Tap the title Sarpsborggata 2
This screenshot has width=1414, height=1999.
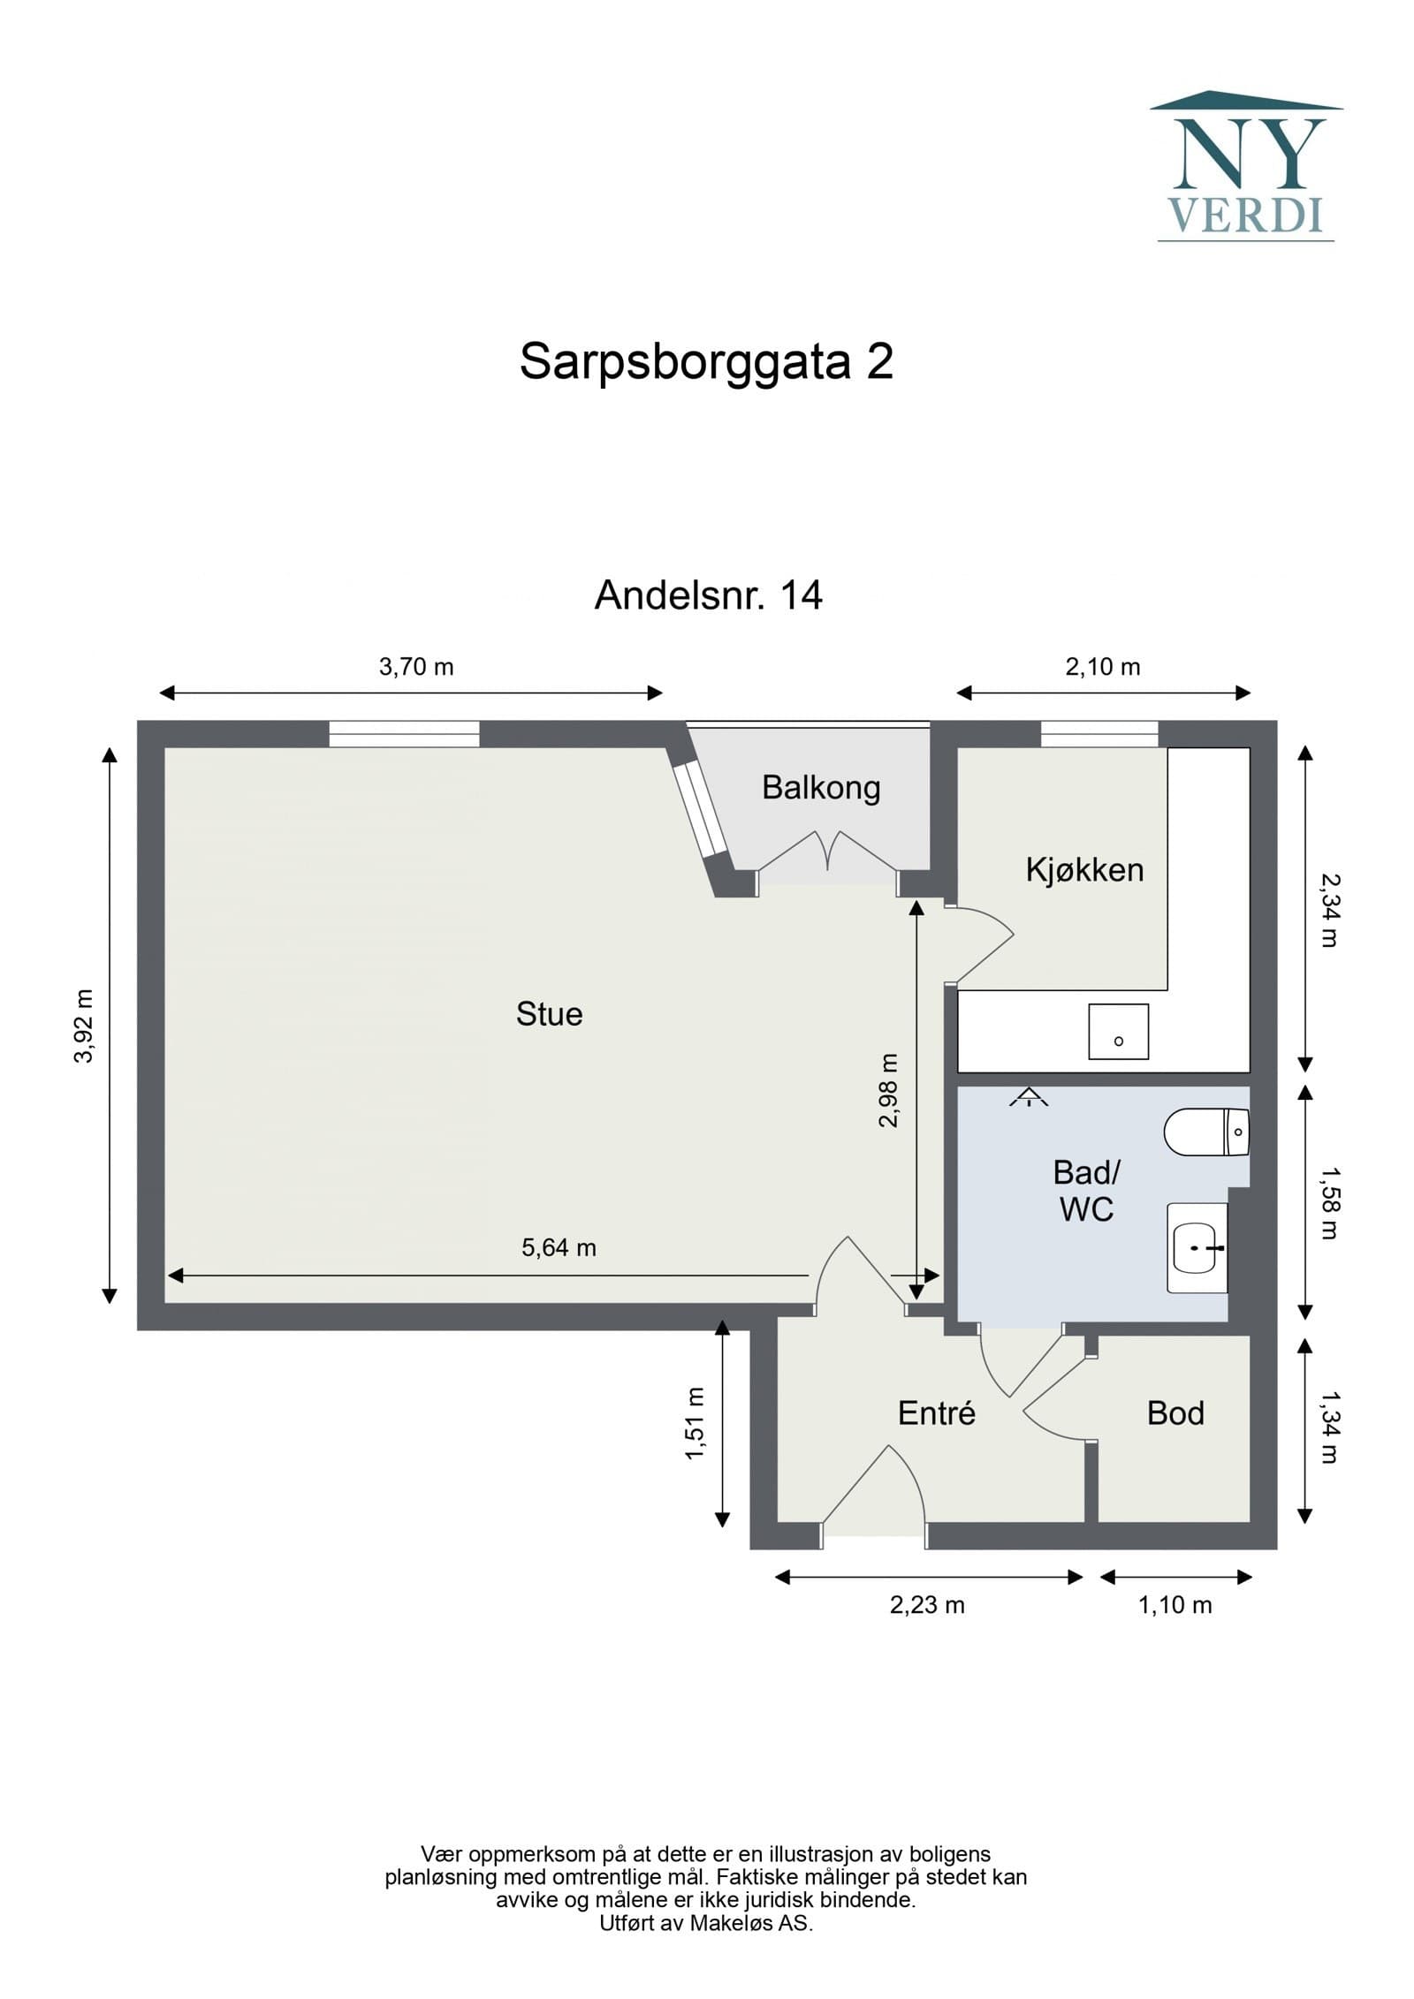click(706, 361)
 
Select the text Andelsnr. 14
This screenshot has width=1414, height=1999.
click(708, 595)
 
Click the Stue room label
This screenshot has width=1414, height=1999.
click(549, 1014)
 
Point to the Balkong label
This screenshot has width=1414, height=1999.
click(821, 787)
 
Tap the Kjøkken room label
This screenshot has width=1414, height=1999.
click(1084, 870)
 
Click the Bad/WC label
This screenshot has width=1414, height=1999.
click(1086, 1191)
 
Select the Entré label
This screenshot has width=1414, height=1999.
click(936, 1413)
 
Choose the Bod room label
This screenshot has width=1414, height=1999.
click(1175, 1413)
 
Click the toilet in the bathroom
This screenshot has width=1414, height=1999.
click(1206, 1132)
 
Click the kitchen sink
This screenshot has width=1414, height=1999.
click(1118, 1031)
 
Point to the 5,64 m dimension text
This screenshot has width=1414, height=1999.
click(559, 1247)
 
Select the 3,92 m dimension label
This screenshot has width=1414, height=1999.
click(84, 1026)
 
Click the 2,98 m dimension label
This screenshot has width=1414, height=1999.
click(888, 1091)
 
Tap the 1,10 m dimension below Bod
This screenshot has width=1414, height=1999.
click(1175, 1605)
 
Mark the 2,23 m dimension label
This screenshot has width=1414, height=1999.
click(927, 1605)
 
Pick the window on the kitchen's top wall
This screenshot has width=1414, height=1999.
click(1099, 734)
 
